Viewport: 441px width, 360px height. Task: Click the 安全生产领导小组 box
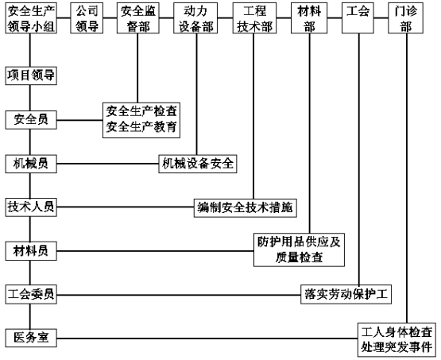pyautogui.click(x=31, y=18)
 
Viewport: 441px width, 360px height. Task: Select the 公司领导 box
pyautogui.click(x=87, y=18)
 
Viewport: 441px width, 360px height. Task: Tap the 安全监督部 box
pyautogui.click(x=138, y=18)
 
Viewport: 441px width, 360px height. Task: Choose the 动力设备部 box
pyautogui.click(x=195, y=18)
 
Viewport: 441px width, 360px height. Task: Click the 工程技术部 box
pyautogui.click(x=254, y=18)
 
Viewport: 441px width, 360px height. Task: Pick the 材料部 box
pyautogui.click(x=309, y=18)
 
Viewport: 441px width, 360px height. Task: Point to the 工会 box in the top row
pyautogui.click(x=358, y=18)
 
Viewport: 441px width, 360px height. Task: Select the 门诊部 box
pyautogui.click(x=405, y=18)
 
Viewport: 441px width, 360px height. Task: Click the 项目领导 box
pyautogui.click(x=31, y=75)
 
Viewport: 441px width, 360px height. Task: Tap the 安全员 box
pyautogui.click(x=31, y=120)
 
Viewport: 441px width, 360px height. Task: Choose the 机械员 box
pyautogui.click(x=31, y=164)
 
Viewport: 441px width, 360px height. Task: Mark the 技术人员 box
pyautogui.click(x=31, y=207)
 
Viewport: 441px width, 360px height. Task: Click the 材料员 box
pyautogui.click(x=31, y=251)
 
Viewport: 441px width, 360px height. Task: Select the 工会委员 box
pyautogui.click(x=31, y=295)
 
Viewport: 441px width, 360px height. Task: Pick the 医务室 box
pyautogui.click(x=31, y=338)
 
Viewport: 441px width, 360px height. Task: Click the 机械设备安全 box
pyautogui.click(x=198, y=164)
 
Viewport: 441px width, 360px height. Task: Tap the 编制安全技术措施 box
pyautogui.click(x=246, y=208)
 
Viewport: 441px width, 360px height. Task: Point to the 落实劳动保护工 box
pyautogui.click(x=346, y=295)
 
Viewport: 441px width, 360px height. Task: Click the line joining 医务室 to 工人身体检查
pyautogui.click(x=207, y=339)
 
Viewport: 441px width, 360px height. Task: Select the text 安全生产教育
pyautogui.click(x=141, y=127)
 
